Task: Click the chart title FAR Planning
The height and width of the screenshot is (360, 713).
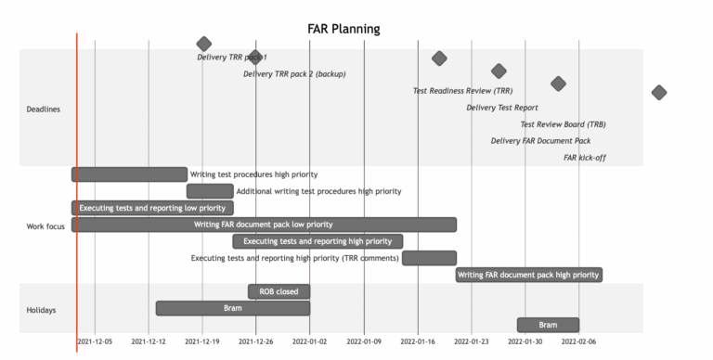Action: tap(344, 29)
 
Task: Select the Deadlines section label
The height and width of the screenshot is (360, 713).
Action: tap(43, 109)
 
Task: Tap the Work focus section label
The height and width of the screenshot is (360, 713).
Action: tap(45, 225)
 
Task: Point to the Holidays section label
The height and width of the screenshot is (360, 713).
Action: tap(41, 310)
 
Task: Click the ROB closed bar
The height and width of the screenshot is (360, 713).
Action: tap(279, 291)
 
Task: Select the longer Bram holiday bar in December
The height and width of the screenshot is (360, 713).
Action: tap(232, 308)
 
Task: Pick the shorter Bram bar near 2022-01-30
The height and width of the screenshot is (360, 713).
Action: tap(548, 325)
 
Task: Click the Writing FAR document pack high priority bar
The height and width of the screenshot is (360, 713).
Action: tap(528, 275)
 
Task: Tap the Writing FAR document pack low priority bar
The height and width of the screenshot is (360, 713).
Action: tap(264, 225)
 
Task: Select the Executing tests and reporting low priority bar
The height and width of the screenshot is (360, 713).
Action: tap(152, 208)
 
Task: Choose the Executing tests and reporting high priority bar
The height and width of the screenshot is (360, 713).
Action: tap(318, 241)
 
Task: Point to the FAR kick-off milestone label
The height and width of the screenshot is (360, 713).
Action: tap(584, 158)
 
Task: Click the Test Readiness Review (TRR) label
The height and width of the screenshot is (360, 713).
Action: tap(462, 91)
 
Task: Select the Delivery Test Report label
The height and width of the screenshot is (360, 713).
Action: tap(501, 108)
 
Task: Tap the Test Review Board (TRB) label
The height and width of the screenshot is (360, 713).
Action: tap(563, 124)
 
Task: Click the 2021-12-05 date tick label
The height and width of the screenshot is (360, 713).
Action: tap(95, 342)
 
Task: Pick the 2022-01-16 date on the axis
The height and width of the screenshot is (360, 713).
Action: tap(418, 342)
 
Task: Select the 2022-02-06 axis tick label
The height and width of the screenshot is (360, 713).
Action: tap(579, 342)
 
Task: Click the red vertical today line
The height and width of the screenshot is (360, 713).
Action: tap(77, 186)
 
